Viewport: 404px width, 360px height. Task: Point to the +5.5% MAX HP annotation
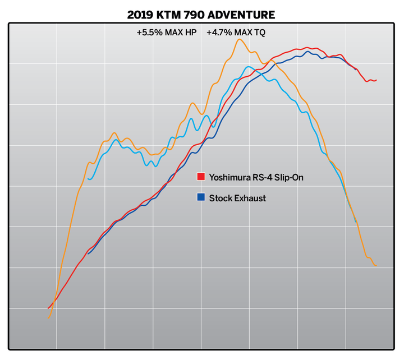[166, 33]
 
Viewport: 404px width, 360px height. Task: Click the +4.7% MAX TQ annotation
[236, 33]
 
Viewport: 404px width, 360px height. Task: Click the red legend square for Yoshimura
[200, 177]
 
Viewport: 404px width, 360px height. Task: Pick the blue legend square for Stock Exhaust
[200, 197]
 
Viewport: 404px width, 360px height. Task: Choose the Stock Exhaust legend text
[237, 198]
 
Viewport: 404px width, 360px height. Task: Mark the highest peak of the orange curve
[240, 39]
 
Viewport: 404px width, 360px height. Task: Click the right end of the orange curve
[375, 266]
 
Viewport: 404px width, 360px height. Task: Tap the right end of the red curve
[376, 80]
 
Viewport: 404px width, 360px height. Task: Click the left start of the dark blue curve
[88, 253]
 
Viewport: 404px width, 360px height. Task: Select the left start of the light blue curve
[89, 179]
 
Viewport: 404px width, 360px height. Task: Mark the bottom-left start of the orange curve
[49, 319]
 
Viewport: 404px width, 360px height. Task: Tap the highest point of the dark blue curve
[307, 52]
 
